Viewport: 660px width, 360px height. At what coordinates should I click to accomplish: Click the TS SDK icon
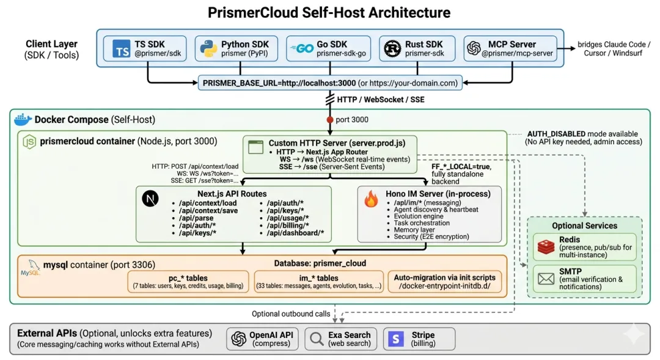[x=121, y=49]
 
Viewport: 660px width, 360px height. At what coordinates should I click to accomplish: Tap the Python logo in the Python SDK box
[x=208, y=48]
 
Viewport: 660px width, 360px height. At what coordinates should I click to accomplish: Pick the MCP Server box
[x=510, y=49]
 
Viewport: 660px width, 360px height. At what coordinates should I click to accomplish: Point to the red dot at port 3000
[x=330, y=120]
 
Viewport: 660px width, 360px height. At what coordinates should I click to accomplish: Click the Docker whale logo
[x=23, y=119]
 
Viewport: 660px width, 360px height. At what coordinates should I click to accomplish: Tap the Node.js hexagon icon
[x=29, y=141]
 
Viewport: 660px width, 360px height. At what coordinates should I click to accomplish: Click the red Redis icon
[x=546, y=247]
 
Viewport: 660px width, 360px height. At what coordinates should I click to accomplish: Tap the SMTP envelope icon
[x=546, y=279]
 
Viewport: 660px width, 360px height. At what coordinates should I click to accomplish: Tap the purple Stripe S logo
[x=397, y=338]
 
